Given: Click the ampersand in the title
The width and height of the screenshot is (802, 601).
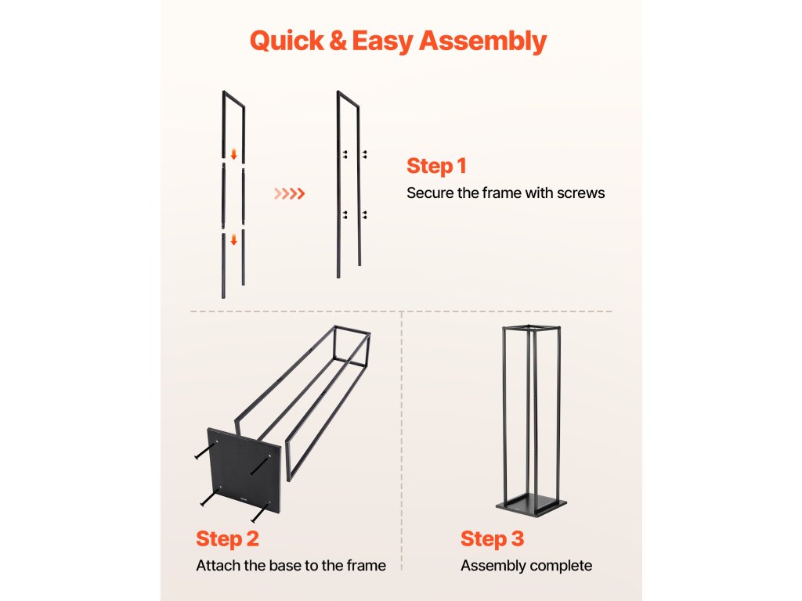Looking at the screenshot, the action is tap(338, 41).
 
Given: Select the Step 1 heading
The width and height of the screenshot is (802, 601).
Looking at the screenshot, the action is tap(436, 166).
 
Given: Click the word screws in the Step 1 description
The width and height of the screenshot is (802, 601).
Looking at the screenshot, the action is tap(580, 193).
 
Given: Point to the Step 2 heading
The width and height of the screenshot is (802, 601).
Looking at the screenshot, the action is tap(227, 538).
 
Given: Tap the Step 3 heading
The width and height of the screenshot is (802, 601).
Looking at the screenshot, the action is tap(492, 538).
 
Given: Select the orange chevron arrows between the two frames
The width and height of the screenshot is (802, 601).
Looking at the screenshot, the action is tap(290, 194).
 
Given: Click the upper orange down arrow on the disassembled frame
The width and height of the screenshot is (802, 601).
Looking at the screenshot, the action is tap(233, 154).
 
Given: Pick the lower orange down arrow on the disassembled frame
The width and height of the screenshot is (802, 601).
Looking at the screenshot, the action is tap(233, 239).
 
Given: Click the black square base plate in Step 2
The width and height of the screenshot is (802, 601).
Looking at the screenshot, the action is tap(244, 471).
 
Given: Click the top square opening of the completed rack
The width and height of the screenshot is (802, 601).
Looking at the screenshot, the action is tap(532, 327).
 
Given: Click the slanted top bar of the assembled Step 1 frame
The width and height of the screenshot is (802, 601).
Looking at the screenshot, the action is tap(348, 99).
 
